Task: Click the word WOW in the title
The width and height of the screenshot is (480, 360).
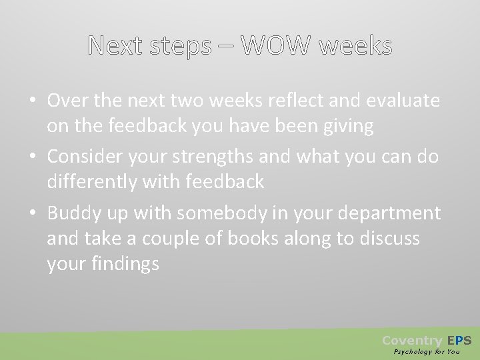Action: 275,46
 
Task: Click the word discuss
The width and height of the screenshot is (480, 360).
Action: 387,238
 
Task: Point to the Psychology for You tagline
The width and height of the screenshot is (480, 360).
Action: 427,351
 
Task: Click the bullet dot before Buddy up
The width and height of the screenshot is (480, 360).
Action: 32,213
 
